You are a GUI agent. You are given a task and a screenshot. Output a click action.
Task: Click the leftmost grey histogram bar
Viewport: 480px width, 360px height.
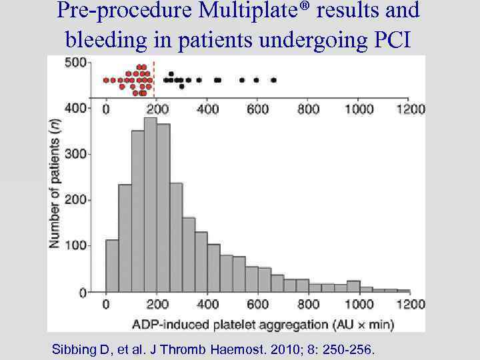tap(112, 266)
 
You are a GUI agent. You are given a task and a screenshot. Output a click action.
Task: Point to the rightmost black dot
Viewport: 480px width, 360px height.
tap(273, 80)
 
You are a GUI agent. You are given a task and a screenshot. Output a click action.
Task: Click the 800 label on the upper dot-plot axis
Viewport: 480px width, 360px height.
tap(307, 109)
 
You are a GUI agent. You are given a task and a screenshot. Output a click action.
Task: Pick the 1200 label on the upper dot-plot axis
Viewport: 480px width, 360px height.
tap(409, 109)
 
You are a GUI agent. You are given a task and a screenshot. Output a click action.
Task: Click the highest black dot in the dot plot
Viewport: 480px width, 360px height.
tap(171, 74)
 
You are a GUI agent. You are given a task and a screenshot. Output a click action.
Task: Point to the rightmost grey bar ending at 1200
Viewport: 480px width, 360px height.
tap(403, 291)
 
